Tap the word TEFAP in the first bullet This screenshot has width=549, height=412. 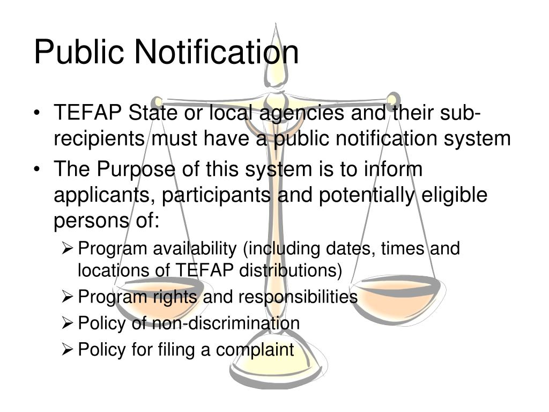[x=88, y=113]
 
